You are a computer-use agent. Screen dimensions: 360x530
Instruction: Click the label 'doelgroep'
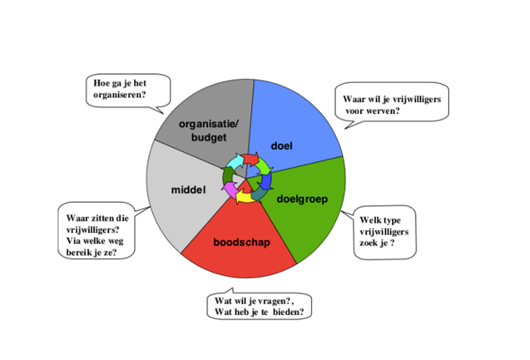pos(302,199)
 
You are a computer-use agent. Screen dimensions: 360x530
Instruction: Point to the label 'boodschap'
pos(242,242)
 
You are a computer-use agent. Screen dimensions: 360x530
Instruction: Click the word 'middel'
pos(187,189)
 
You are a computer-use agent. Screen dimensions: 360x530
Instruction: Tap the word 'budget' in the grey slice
pos(203,137)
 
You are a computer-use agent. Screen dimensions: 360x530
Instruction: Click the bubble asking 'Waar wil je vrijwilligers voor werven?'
pos(390,104)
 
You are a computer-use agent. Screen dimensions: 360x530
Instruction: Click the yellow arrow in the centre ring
pos(243,196)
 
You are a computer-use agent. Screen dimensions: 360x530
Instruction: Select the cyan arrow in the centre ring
pos(235,162)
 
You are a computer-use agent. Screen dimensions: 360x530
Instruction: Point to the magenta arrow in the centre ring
pos(231,189)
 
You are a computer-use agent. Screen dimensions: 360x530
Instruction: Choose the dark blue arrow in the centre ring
pos(267,181)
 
